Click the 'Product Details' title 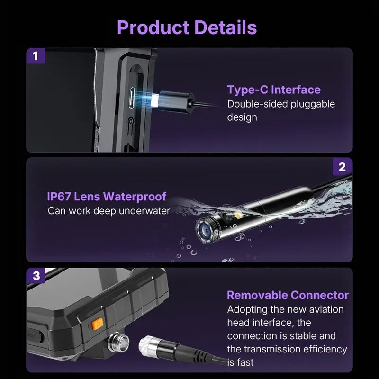187,27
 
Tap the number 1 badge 36,56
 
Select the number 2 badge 342,167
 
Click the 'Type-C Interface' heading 274,90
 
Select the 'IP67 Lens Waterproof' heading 107,196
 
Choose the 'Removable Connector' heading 288,295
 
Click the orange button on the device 98,324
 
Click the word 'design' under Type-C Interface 242,117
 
